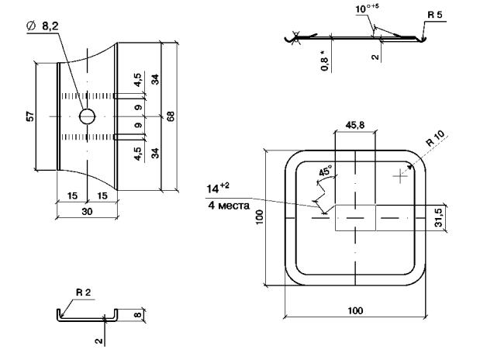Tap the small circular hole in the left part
[87, 116]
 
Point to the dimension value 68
[170, 116]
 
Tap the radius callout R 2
[83, 292]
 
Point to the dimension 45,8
[355, 124]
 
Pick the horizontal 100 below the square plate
[354, 311]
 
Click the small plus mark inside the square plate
[400, 177]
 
